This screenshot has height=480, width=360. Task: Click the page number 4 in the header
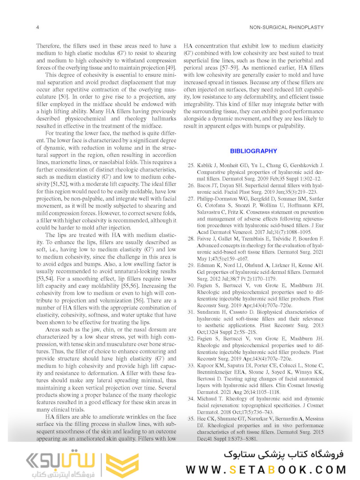(37, 27)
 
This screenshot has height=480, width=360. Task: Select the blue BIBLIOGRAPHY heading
(253, 151)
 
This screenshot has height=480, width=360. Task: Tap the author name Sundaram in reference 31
(209, 312)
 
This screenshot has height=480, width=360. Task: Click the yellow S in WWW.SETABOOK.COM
(233, 470)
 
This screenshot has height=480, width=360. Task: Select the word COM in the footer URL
(330, 470)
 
